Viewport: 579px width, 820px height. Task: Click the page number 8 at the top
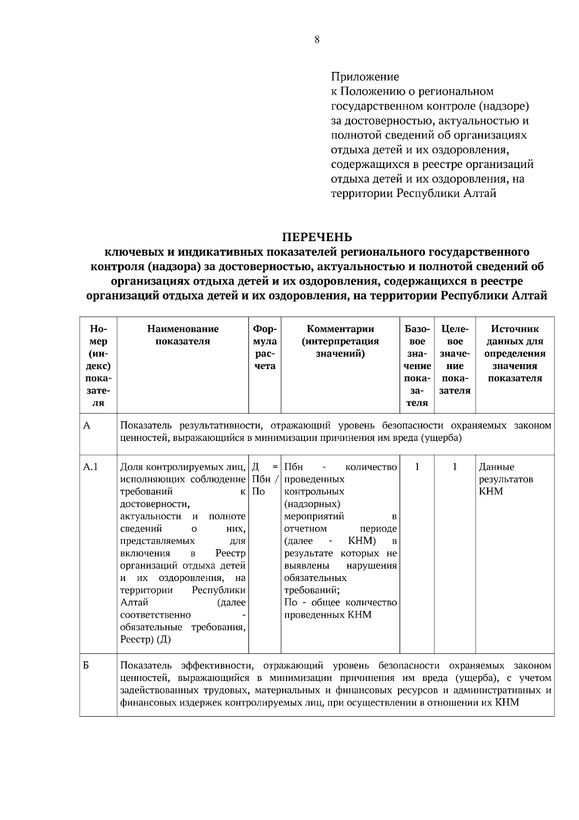click(x=317, y=40)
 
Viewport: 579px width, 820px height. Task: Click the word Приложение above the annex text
click(x=365, y=77)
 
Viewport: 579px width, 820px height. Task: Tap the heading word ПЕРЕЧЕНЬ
click(x=317, y=237)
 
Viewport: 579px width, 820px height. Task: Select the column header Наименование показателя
click(x=182, y=335)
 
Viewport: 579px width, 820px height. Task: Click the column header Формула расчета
click(x=264, y=347)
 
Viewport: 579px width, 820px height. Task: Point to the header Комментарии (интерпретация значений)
click(x=340, y=341)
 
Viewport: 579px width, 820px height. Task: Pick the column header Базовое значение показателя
click(x=417, y=366)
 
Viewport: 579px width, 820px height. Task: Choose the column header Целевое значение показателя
click(x=455, y=359)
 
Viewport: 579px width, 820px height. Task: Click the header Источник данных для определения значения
click(x=514, y=353)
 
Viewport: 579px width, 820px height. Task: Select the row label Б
click(x=86, y=665)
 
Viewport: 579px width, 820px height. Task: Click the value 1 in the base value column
click(x=417, y=467)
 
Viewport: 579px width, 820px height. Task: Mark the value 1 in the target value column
click(x=455, y=467)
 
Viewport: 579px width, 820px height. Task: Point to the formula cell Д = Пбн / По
click(x=265, y=479)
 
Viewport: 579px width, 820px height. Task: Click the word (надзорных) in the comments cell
click(x=312, y=504)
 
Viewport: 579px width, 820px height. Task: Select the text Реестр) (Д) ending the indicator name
click(x=145, y=639)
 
